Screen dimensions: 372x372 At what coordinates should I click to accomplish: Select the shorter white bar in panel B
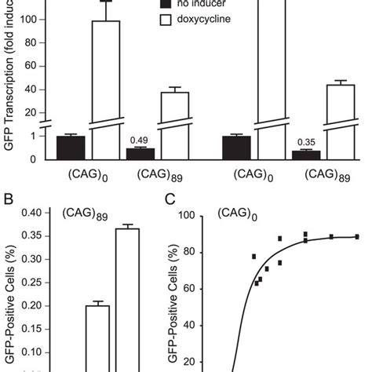pos(97,337)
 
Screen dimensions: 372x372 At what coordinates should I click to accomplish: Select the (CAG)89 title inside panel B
pos(86,213)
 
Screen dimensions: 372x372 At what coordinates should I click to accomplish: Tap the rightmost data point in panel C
pos(356,236)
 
